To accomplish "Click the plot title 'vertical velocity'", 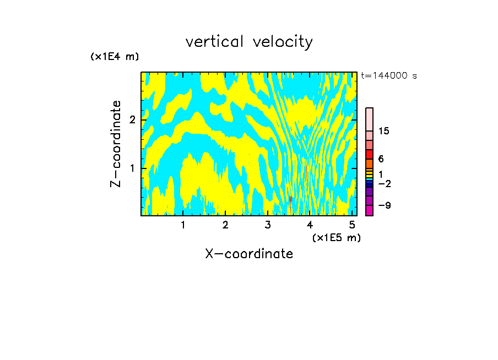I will pyautogui.click(x=249, y=41).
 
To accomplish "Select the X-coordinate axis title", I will pyautogui.click(x=249, y=254).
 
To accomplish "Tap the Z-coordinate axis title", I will pyautogui.click(x=116, y=144).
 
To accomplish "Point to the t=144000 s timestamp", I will pyautogui.click(x=388, y=76).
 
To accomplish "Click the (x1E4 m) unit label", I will pyautogui.click(x=115, y=57).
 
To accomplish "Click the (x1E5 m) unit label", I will pyautogui.click(x=337, y=237).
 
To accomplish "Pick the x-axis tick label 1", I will pyautogui.click(x=183, y=225).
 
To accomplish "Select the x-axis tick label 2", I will pyautogui.click(x=225, y=225).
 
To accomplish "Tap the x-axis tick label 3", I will pyautogui.click(x=268, y=225).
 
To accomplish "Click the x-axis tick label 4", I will pyautogui.click(x=310, y=225).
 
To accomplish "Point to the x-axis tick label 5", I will pyautogui.click(x=352, y=225).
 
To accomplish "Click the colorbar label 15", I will pyautogui.click(x=384, y=131).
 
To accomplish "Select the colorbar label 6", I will pyautogui.click(x=381, y=159).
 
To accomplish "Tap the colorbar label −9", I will pyautogui.click(x=384, y=205).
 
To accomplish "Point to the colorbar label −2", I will pyautogui.click(x=384, y=183).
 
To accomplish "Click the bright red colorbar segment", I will pyautogui.click(x=370, y=154).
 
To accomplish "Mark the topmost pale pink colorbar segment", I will pyautogui.click(x=370, y=119).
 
